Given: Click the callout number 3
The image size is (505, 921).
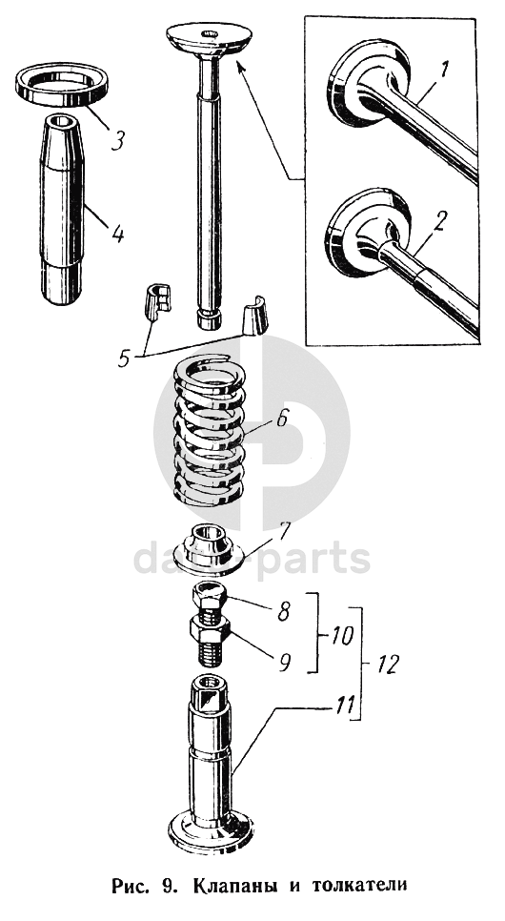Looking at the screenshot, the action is point(118,140).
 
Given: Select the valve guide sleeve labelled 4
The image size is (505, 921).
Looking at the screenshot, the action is point(62,209).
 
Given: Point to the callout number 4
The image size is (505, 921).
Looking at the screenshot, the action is point(118,234).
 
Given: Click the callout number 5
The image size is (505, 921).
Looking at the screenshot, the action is point(124,358).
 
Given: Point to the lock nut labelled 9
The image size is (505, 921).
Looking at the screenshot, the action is point(210,632).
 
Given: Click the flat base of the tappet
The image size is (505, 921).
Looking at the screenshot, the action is point(211,834).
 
